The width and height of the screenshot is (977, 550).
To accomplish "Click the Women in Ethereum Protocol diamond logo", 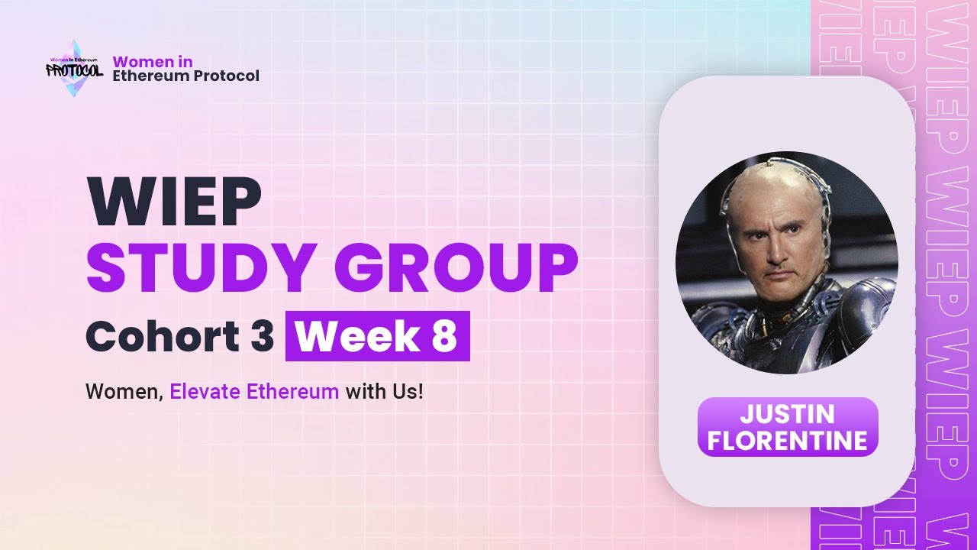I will [74, 69].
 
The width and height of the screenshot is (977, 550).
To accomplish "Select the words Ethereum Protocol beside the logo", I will [185, 76].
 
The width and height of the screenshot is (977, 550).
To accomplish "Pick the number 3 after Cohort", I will [261, 336].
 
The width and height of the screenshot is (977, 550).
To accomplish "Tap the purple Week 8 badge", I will [377, 336].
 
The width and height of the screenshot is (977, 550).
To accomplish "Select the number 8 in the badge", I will [443, 336].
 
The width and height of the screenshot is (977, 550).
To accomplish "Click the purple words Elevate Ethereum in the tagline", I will [254, 392].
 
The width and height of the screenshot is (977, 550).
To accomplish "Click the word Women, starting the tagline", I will [124, 392].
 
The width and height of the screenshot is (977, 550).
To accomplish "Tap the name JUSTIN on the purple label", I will [787, 415].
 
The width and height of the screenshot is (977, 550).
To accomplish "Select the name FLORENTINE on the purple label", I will [787, 440].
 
